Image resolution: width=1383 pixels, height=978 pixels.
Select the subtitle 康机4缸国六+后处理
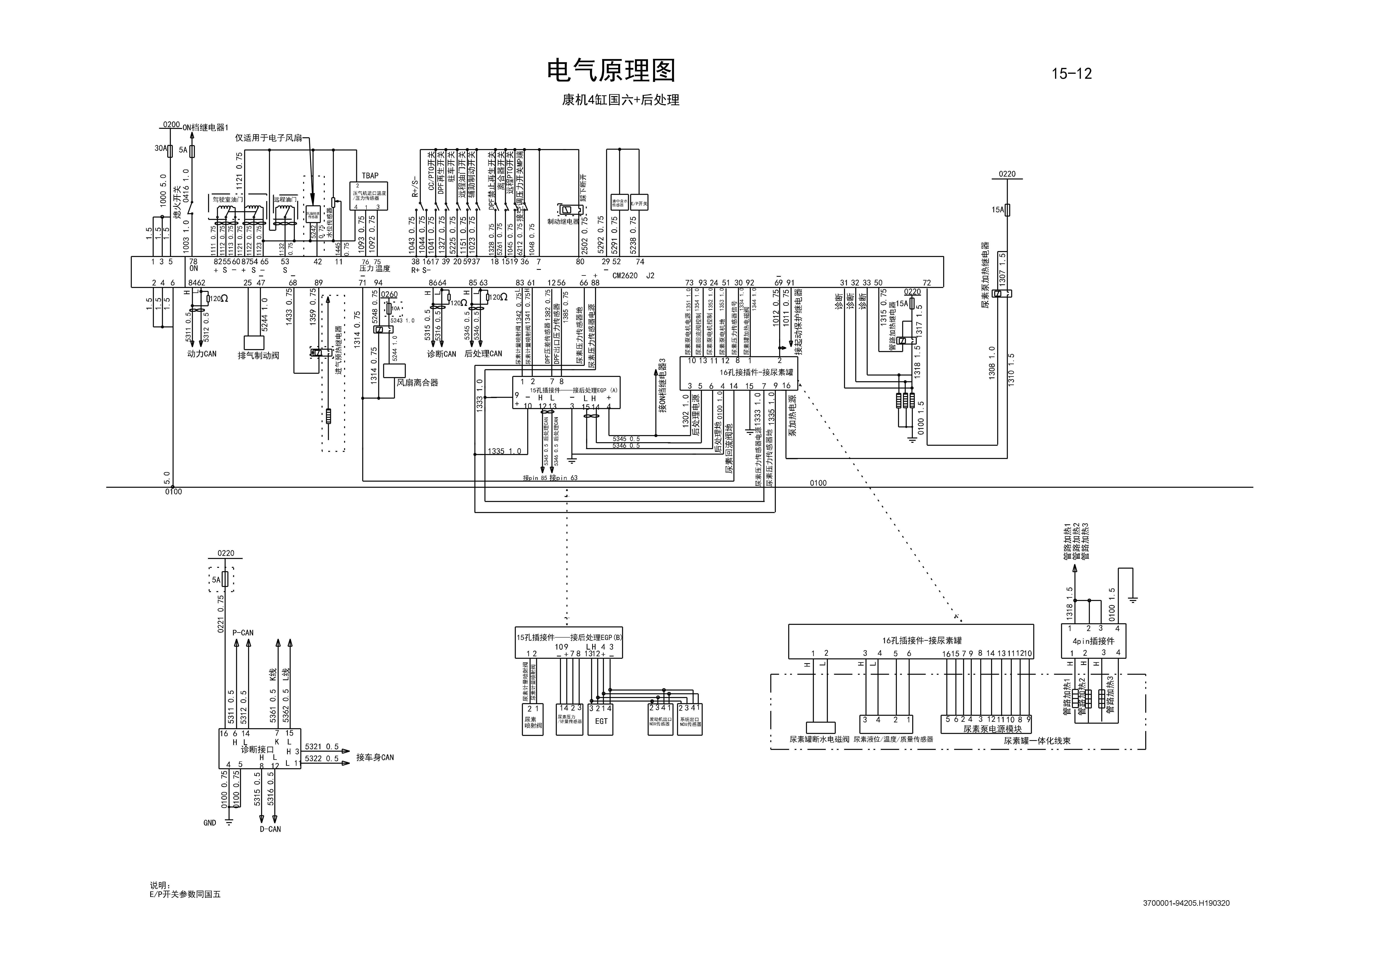[620, 100]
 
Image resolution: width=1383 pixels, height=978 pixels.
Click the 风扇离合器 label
[417, 383]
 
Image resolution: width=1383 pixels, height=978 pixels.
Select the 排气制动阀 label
[258, 355]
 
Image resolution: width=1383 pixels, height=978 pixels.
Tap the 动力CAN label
[202, 354]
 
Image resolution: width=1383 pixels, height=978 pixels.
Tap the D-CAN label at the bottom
[270, 829]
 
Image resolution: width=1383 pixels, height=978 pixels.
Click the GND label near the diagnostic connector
[210, 823]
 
